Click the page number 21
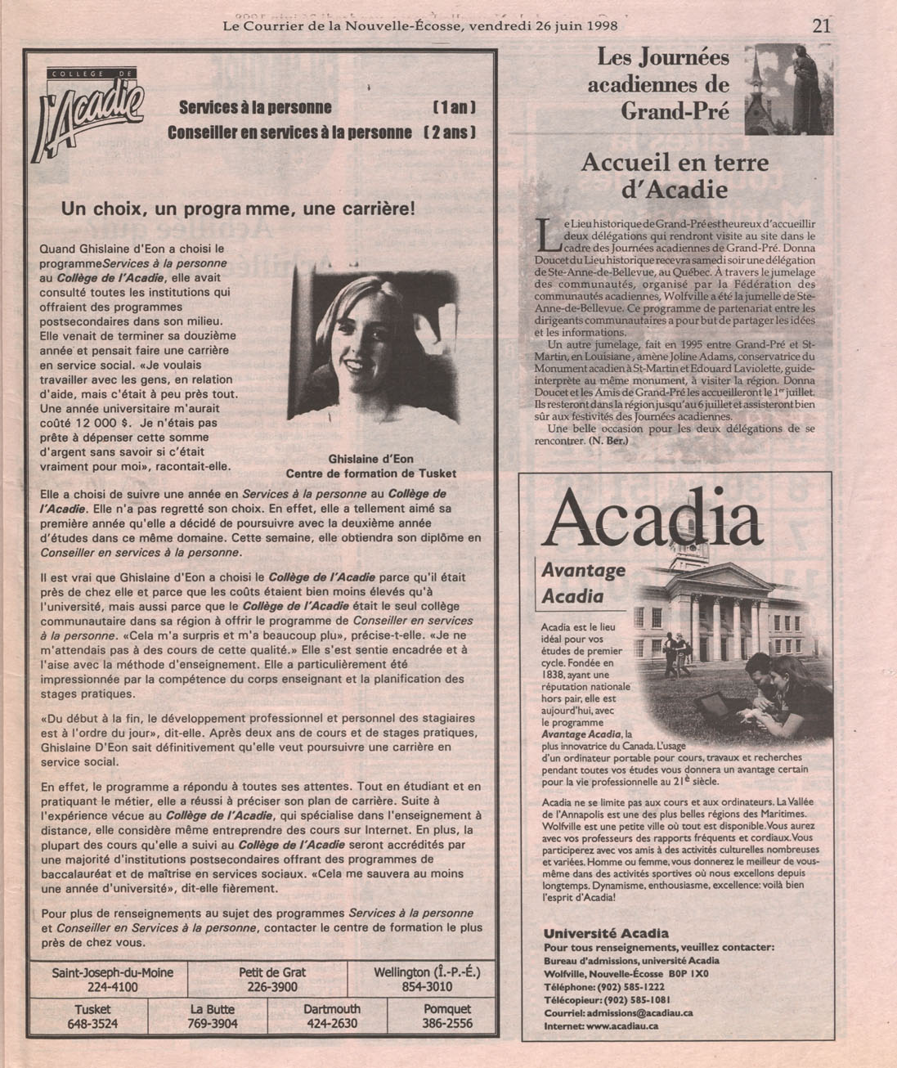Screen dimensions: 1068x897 click(821, 25)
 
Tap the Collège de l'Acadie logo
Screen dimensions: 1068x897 click(87, 116)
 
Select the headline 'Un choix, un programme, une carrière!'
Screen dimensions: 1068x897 click(238, 209)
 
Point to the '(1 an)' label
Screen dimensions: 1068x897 click(453, 108)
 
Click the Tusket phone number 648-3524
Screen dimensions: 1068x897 click(92, 1023)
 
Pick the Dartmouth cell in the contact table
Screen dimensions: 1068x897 click(331, 1016)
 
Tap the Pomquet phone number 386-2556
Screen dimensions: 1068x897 click(446, 1023)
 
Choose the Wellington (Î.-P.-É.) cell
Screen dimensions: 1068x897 click(426, 979)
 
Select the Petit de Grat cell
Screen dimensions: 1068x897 click(272, 979)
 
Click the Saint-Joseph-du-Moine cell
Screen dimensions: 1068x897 click(106, 979)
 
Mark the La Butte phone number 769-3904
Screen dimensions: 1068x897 click(213, 1023)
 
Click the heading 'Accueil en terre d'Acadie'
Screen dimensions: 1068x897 click(675, 176)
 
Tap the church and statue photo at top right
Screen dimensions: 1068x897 click(788, 89)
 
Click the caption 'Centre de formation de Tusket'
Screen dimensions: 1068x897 click(370, 473)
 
